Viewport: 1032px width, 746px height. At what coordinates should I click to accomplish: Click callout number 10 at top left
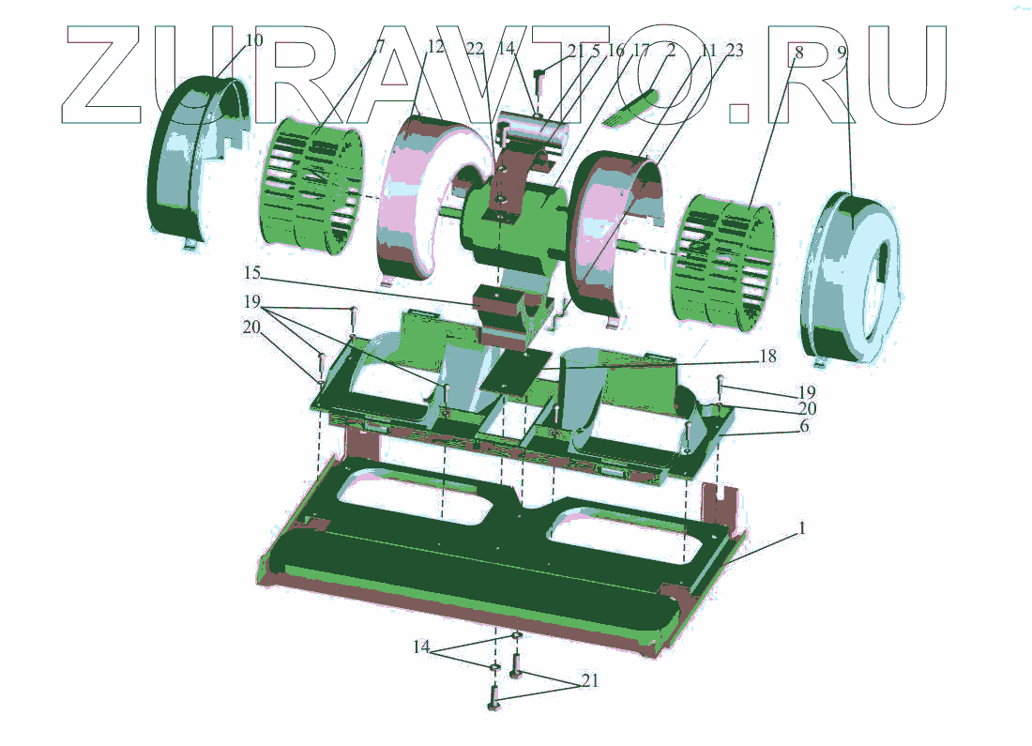pos(254,40)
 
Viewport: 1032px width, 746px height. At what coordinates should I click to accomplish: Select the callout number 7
pos(380,47)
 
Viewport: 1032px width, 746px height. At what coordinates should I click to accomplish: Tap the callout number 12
pos(435,47)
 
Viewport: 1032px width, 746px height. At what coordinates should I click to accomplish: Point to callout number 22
pos(475,48)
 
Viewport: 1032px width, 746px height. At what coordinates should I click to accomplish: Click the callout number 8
pos(799,52)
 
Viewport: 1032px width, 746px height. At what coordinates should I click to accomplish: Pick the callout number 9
pos(842,52)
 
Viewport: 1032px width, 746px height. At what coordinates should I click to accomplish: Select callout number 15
pos(252,272)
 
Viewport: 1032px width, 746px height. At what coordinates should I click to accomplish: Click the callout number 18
pos(768,357)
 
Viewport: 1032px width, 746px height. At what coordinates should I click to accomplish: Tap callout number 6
pos(804,426)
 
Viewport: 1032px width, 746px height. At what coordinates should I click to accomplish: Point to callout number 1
pos(801,528)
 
